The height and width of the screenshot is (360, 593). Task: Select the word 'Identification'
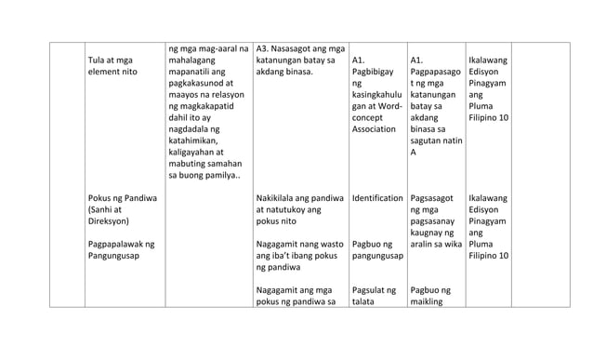coord(377,198)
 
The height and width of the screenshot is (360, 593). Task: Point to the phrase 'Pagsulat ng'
coord(374,290)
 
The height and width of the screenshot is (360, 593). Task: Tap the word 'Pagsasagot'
coord(432,198)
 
